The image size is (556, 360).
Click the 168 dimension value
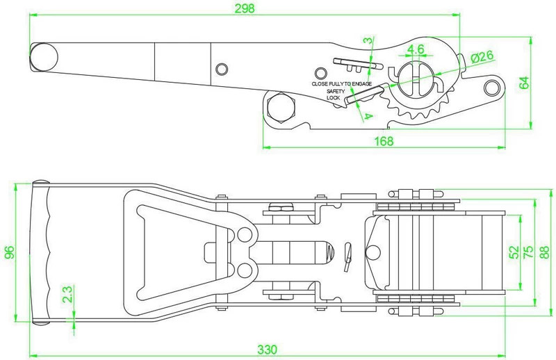click(x=383, y=141)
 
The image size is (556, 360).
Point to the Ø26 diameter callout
click(x=481, y=58)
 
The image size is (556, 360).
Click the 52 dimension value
click(x=514, y=250)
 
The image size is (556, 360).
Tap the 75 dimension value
click(x=528, y=251)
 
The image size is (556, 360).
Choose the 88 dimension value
click(x=546, y=251)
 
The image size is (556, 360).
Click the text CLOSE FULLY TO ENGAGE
click(x=341, y=84)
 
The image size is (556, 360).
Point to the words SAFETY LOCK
click(x=336, y=95)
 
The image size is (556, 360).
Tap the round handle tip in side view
click(x=44, y=55)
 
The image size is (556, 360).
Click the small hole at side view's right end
click(x=493, y=86)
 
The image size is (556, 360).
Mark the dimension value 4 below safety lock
click(x=366, y=116)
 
